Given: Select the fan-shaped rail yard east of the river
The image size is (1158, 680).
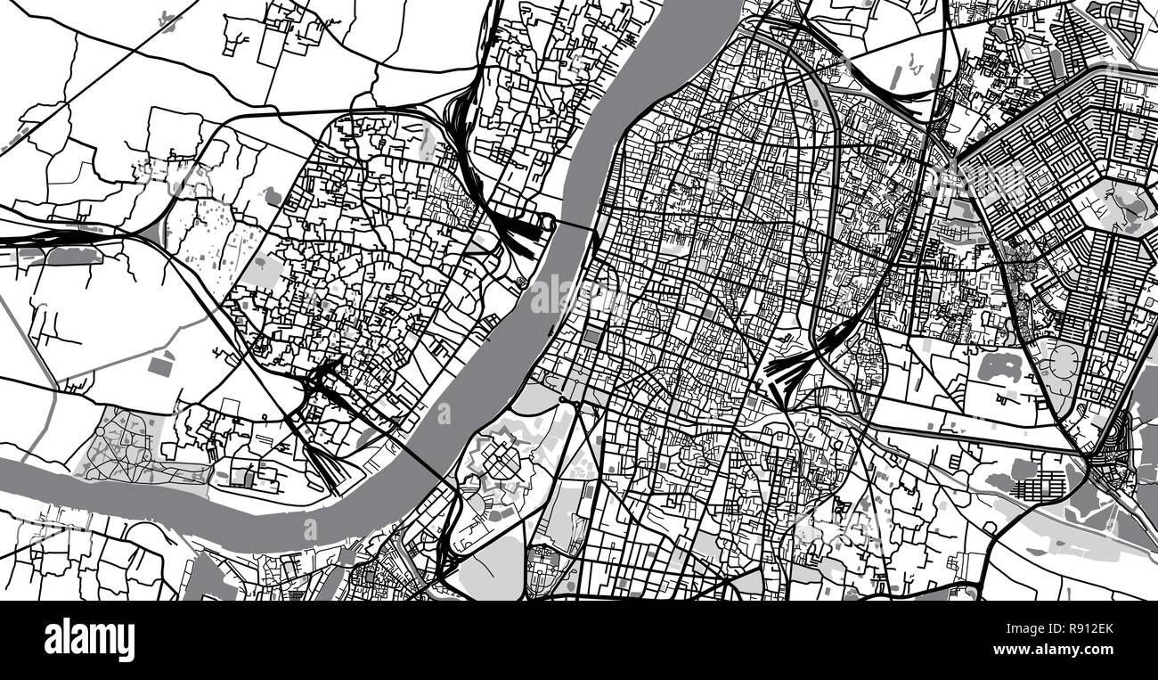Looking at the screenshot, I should pyautogui.click(x=793, y=365).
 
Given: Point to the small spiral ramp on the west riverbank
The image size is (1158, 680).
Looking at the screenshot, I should pyautogui.click(x=520, y=283).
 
